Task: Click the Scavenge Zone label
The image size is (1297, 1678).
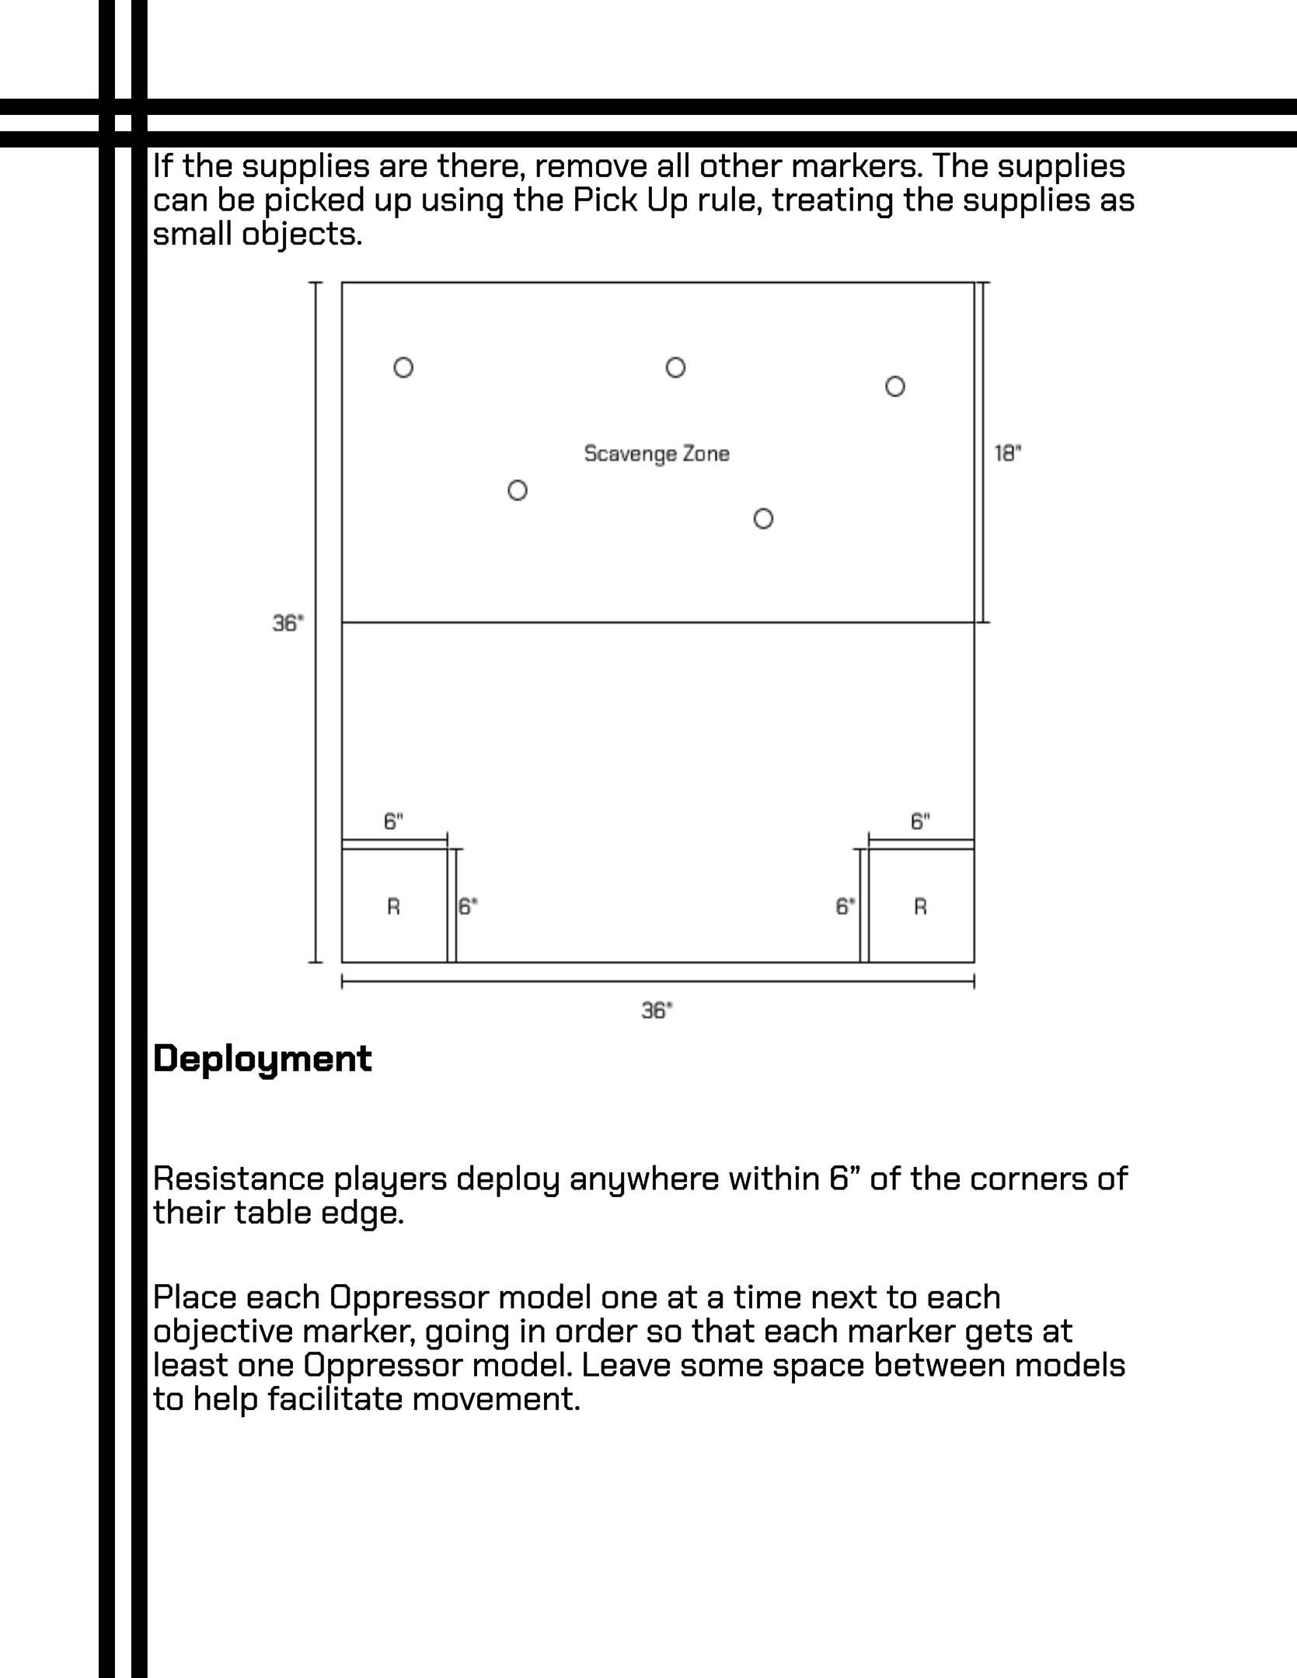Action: [x=657, y=454]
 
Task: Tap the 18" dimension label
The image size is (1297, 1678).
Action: [x=1008, y=453]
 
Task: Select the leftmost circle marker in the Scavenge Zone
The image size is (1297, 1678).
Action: [x=403, y=367]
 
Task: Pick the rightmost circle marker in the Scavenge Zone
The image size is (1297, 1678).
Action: [x=895, y=386]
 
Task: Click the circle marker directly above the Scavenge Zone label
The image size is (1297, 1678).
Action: [x=675, y=367]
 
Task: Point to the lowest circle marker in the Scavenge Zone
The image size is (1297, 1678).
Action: [x=763, y=518]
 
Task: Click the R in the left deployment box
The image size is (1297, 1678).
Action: [x=394, y=907]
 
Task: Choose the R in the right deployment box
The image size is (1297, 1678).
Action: [x=921, y=907]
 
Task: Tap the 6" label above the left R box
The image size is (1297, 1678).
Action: [x=394, y=821]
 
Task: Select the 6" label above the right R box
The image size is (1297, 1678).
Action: [x=921, y=821]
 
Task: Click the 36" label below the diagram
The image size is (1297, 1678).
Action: [x=657, y=1010]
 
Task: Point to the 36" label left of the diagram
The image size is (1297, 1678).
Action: [x=288, y=623]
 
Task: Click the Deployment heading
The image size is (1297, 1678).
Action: [x=263, y=1060]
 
